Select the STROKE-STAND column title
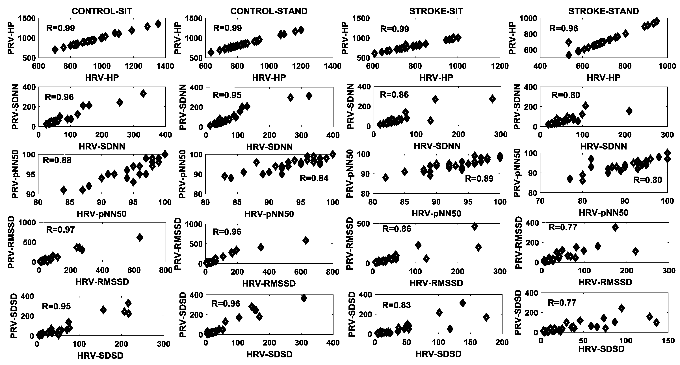click(603, 11)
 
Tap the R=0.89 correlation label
click(479, 179)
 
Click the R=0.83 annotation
click(397, 305)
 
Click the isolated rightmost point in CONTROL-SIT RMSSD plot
click(140, 237)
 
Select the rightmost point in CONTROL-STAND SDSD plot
click(304, 298)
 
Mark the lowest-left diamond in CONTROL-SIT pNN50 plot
click(63, 190)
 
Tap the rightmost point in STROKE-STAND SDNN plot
click(629, 111)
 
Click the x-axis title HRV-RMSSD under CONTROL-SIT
click(102, 282)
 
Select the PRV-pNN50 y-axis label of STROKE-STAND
click(517, 173)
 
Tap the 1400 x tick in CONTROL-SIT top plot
click(165, 66)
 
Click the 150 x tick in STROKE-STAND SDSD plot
click(668, 341)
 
